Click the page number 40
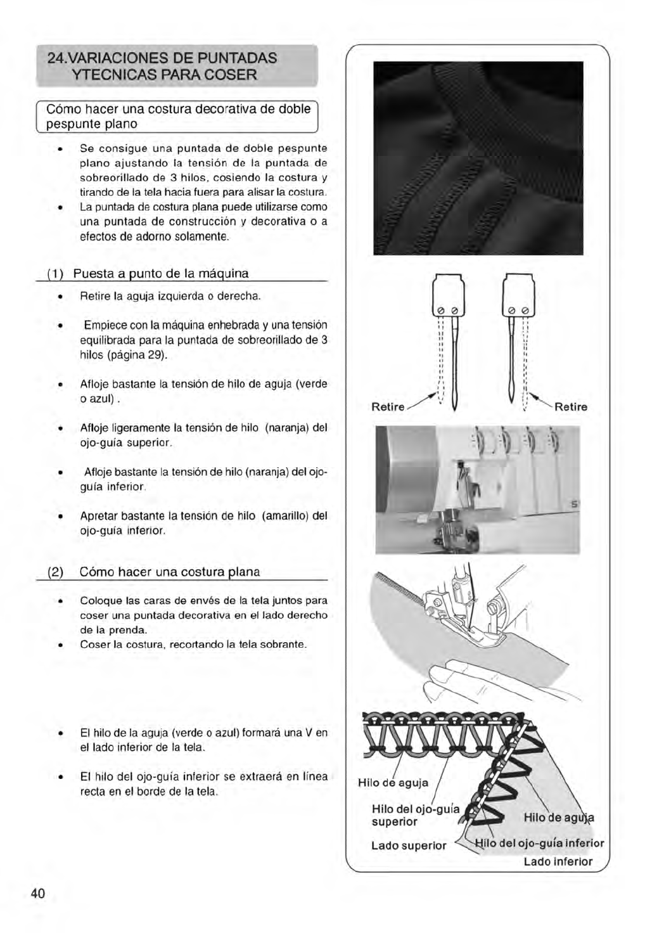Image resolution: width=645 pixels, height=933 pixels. pyautogui.click(x=38, y=893)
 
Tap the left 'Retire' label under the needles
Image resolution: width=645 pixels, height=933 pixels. pyautogui.click(x=388, y=407)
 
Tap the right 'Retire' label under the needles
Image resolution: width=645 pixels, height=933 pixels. pyautogui.click(x=571, y=407)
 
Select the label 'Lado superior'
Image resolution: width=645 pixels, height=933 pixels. pyautogui.click(x=409, y=846)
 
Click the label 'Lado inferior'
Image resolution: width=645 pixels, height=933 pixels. pyautogui.click(x=558, y=861)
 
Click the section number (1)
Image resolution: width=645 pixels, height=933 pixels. pyautogui.click(x=55, y=274)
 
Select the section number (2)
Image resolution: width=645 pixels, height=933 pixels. pyautogui.click(x=56, y=572)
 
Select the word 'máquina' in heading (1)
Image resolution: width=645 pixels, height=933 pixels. pyautogui.click(x=225, y=274)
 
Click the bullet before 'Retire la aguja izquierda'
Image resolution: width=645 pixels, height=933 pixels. pyautogui.click(x=59, y=297)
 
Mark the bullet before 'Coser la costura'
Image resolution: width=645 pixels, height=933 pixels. pyautogui.click(x=59, y=645)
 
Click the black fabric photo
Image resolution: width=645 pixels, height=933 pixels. pyautogui.click(x=478, y=158)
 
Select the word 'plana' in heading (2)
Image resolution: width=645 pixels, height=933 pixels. pyautogui.click(x=244, y=572)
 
